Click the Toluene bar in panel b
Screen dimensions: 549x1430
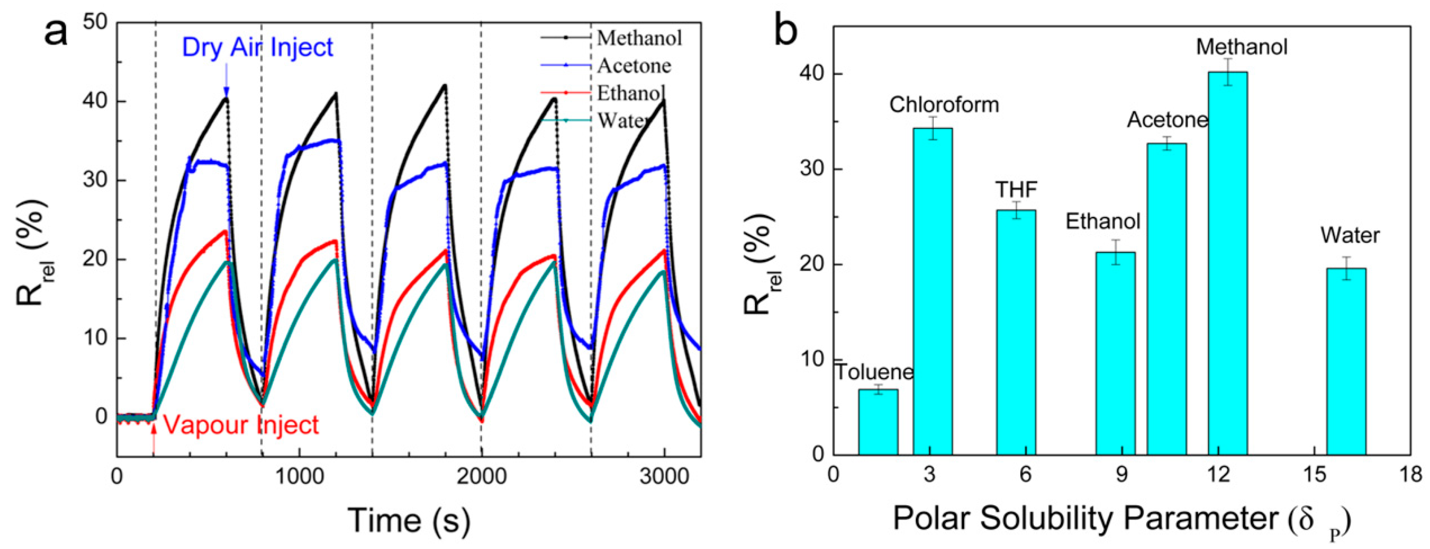pyautogui.click(x=878, y=422)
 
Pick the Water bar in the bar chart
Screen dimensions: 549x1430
pyautogui.click(x=1346, y=361)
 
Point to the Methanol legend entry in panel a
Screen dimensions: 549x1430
pyautogui.click(x=639, y=38)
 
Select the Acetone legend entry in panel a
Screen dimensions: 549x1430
pyautogui.click(x=634, y=66)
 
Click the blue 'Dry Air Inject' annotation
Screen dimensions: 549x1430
pyautogui.click(x=257, y=48)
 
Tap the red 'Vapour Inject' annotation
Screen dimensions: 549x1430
pyautogui.click(x=241, y=425)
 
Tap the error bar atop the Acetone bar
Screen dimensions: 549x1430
pyautogui.click(x=1167, y=143)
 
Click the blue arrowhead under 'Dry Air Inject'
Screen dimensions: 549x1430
pyautogui.click(x=226, y=91)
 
